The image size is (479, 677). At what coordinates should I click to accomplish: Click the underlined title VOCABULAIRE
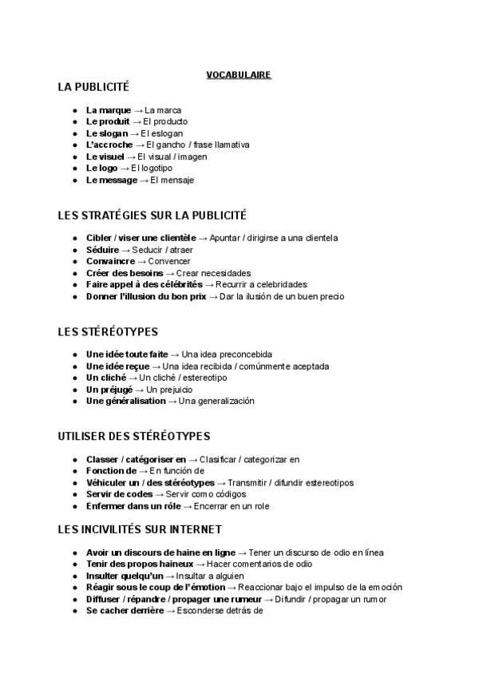click(x=239, y=75)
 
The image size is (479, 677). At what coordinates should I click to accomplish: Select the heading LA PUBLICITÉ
click(x=93, y=87)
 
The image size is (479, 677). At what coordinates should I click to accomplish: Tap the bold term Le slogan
click(x=106, y=133)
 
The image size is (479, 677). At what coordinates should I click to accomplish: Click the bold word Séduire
click(x=103, y=250)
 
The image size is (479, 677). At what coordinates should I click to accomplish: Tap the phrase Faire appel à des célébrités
click(x=144, y=285)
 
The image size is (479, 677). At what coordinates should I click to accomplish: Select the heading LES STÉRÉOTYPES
click(x=108, y=331)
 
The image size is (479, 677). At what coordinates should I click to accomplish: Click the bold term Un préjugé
click(x=109, y=390)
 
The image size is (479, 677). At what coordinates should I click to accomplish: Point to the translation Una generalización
click(x=216, y=402)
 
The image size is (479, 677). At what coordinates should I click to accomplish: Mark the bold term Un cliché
click(x=105, y=378)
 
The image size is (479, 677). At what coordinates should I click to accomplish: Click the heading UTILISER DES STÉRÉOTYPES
click(x=134, y=437)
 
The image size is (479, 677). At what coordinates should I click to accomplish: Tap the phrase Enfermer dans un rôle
click(x=133, y=506)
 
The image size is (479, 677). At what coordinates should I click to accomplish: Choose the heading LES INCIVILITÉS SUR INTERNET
click(x=140, y=529)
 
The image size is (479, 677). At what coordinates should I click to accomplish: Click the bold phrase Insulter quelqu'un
click(x=125, y=576)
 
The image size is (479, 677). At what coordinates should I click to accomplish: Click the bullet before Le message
click(x=74, y=180)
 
